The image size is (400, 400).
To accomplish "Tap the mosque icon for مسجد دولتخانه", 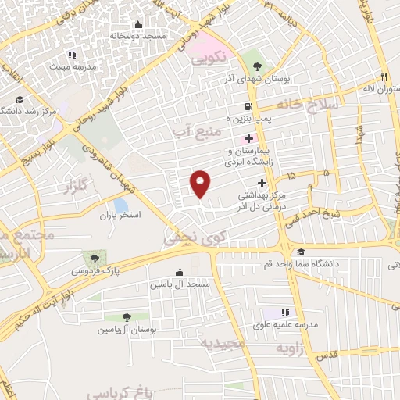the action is tap(138, 24).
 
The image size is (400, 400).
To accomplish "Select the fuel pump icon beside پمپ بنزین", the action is tap(248, 106).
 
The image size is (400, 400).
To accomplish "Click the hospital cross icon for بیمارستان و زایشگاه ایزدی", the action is tap(248, 138).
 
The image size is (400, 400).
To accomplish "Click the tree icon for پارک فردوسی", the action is tap(95, 257).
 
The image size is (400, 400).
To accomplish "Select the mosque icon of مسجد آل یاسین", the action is tap(181, 273).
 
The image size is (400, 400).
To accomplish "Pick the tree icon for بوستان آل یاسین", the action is tap(127, 317).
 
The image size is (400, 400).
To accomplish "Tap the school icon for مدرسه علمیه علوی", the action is tap(287, 312).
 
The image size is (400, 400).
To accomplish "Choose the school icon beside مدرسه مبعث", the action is tap(72, 55).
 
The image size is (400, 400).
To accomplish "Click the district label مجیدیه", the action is tap(223, 343).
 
